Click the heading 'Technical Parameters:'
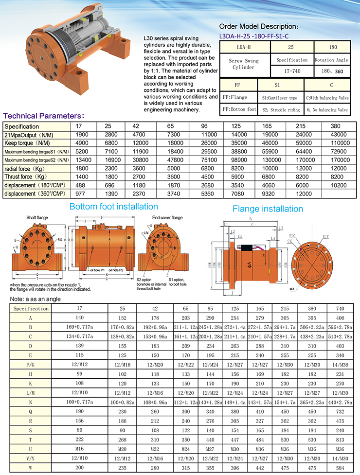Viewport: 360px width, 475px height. (44, 116)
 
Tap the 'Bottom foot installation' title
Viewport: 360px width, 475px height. (113, 207)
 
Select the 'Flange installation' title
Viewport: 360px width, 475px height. (268, 209)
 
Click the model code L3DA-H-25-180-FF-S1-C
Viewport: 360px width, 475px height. (254, 35)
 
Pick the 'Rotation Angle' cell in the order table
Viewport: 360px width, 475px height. (331, 60)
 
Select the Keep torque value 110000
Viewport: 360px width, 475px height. (339, 143)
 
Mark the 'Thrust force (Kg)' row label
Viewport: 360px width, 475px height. (27, 177)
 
